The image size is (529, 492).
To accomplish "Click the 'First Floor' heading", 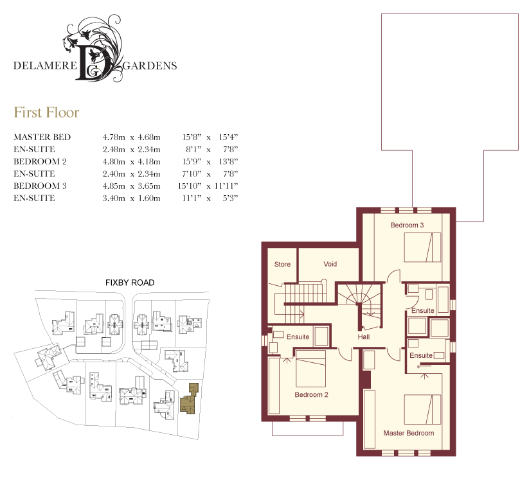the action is (x=46, y=112).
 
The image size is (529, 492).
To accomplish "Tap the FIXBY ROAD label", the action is (x=130, y=283).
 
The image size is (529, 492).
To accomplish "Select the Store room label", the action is (x=282, y=265).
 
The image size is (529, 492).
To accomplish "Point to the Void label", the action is (x=330, y=264).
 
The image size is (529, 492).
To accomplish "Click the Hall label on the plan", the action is (x=364, y=337).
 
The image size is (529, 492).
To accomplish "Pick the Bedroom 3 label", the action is (x=407, y=225).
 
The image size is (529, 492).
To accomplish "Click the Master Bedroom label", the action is (x=409, y=433).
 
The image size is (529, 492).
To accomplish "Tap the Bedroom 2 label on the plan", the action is (x=311, y=394).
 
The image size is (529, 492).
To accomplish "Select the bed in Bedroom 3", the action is (x=422, y=247).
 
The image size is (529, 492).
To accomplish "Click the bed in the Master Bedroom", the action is (x=422, y=409).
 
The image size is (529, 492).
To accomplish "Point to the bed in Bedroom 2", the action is (x=310, y=369).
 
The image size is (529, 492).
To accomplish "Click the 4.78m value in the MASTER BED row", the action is (x=114, y=137).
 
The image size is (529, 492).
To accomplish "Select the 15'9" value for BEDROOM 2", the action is (x=192, y=161).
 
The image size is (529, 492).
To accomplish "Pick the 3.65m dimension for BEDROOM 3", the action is (x=149, y=186).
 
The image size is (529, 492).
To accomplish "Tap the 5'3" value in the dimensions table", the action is (x=230, y=198).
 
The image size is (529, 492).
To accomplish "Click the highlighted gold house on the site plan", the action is (x=189, y=400).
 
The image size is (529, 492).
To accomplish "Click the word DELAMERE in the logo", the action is (x=45, y=66).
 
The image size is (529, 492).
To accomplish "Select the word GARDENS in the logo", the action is (x=150, y=66).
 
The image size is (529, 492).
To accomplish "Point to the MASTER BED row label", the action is (x=42, y=137).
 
